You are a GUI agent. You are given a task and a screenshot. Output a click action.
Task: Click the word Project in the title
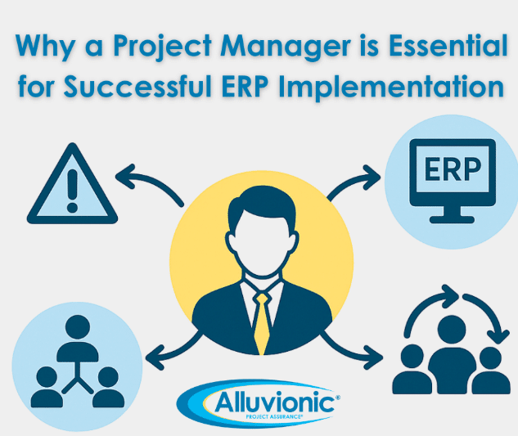(163, 47)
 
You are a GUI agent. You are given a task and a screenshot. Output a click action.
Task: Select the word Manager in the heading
(286, 47)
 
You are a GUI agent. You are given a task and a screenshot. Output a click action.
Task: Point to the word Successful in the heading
(137, 86)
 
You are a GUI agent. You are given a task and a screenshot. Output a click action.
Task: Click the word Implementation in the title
(391, 88)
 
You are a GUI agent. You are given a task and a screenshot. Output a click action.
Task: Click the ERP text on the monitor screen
(453, 169)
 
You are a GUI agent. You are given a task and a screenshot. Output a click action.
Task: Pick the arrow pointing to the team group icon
(351, 351)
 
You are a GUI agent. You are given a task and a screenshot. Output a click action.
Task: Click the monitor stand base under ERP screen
(452, 219)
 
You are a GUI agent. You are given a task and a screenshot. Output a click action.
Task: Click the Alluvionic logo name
(275, 402)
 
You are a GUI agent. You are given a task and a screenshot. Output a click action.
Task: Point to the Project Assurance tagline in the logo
(274, 417)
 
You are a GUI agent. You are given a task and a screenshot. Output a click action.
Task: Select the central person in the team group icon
(452, 355)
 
